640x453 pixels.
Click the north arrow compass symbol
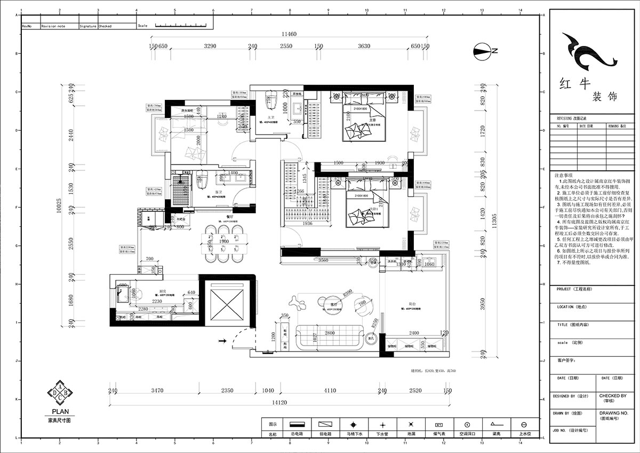pos(482,51)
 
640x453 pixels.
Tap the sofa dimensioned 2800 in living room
pos(331,337)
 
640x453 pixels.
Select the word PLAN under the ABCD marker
pos(58,412)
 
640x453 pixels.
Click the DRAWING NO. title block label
pos(614,413)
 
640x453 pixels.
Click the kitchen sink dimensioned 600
pos(122,293)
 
